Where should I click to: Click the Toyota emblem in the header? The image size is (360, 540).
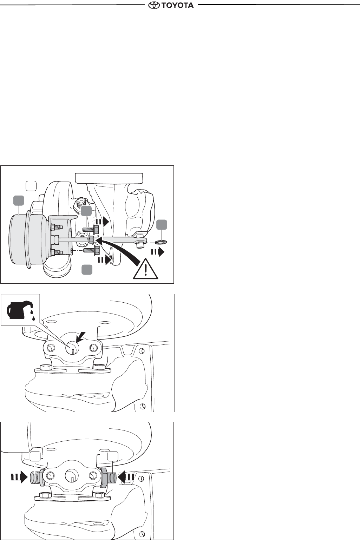pos(153,5)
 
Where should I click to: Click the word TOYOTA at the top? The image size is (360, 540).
pos(177,5)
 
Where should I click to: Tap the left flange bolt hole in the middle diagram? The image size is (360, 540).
pos(52,348)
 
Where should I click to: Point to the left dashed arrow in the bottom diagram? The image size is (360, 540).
pos(20,477)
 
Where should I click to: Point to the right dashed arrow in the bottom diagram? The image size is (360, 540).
pos(126,477)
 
